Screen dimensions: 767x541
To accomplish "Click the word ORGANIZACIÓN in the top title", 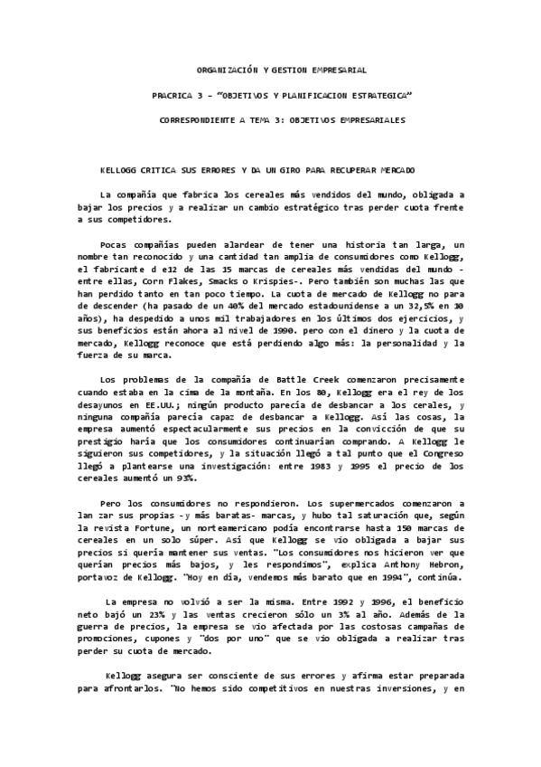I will coord(222,70).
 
